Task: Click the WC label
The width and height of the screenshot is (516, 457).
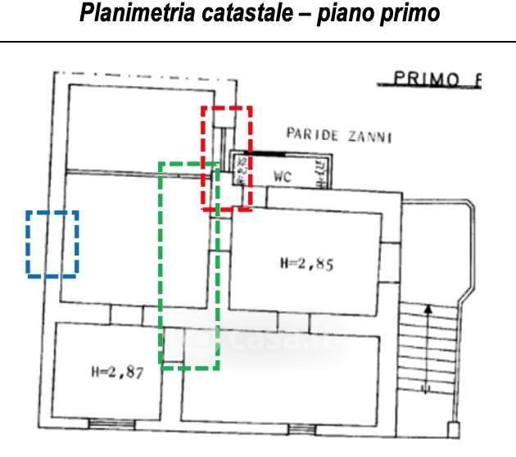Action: point(283,176)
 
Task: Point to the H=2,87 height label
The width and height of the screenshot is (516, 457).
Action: point(116,372)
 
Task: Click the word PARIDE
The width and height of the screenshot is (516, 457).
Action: point(311,135)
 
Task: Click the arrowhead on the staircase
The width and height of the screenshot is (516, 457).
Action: point(426,309)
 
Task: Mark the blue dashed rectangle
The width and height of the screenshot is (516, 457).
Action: point(52,243)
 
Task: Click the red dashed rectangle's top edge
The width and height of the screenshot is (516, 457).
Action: point(227,107)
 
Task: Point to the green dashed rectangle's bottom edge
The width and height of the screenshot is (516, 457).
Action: point(188,368)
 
